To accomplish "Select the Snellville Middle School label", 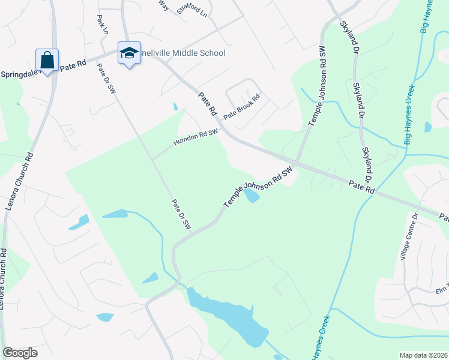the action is (182, 53).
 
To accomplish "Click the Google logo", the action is (20, 353).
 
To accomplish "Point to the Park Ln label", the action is (101, 24).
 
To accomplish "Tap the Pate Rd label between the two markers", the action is (73, 65).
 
